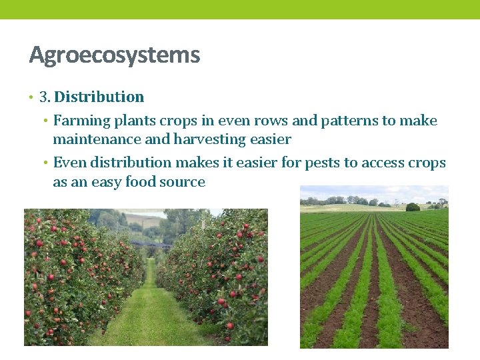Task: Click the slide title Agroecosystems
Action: click(x=114, y=55)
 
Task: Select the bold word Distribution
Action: click(x=99, y=97)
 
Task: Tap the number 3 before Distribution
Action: click(x=44, y=97)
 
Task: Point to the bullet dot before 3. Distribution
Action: click(x=31, y=98)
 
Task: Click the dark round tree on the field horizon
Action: click(x=413, y=207)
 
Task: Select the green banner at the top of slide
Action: click(x=240, y=9)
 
